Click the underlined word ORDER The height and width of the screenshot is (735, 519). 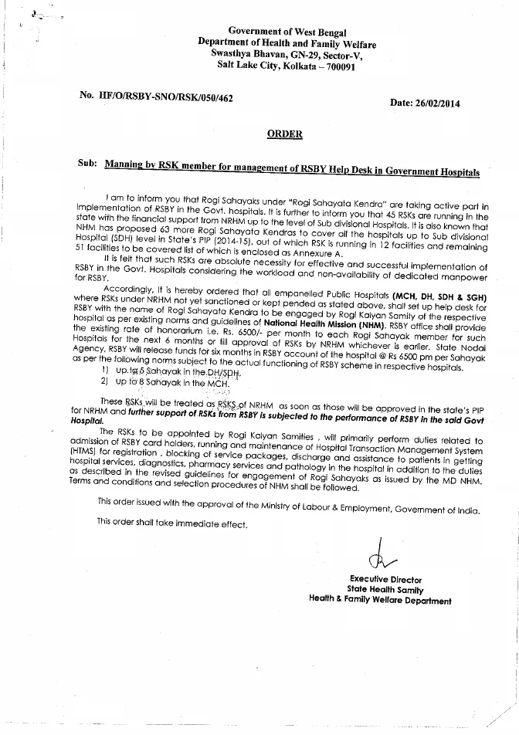coord(284,134)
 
